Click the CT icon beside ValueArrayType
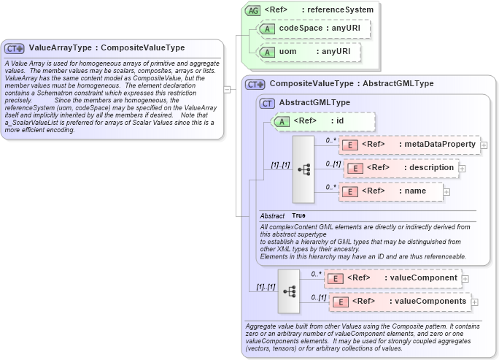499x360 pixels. pyautogui.click(x=15, y=48)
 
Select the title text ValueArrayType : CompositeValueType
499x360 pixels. pyautogui.click(x=107, y=48)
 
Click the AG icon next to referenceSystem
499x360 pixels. pyautogui.click(x=252, y=10)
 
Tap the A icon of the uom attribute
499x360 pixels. pyautogui.click(x=267, y=53)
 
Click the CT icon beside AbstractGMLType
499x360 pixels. pyautogui.click(x=268, y=103)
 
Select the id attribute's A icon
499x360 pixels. pyautogui.click(x=282, y=121)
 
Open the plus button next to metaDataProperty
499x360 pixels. pyautogui.click(x=484, y=145)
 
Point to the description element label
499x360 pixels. pyautogui.click(x=410, y=168)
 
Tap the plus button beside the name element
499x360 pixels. pyautogui.click(x=446, y=191)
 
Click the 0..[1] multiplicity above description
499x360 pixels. pyautogui.click(x=333, y=163)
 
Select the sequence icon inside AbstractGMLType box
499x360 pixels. pyautogui.click(x=303, y=169)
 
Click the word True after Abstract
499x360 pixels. pyautogui.click(x=299, y=216)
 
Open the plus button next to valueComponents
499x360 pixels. pyautogui.click(x=474, y=302)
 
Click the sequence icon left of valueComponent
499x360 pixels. pyautogui.click(x=289, y=290)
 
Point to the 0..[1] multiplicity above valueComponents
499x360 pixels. pyautogui.click(x=318, y=296)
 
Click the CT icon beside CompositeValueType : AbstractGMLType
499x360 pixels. pyautogui.click(x=255, y=85)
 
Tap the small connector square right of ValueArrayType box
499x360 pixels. pyautogui.click(x=227, y=90)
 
